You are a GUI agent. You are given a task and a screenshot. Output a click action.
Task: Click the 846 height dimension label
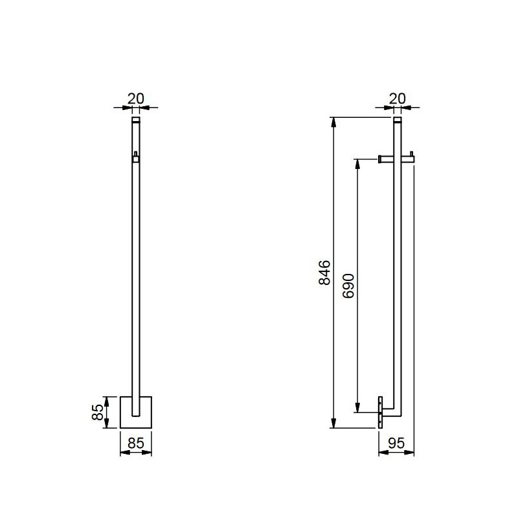point(325,273)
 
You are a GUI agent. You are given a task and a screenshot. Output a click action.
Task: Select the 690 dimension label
point(348,286)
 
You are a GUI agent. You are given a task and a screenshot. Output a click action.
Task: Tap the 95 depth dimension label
point(396,444)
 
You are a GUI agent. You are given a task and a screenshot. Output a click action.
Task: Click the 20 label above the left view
point(136,98)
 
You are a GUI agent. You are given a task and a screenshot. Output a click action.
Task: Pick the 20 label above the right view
point(397,98)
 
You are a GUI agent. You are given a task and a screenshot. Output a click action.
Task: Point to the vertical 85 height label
point(98,412)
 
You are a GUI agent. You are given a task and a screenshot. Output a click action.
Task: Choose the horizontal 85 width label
point(136,444)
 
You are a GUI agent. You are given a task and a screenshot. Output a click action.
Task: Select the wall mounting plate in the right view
point(380,412)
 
